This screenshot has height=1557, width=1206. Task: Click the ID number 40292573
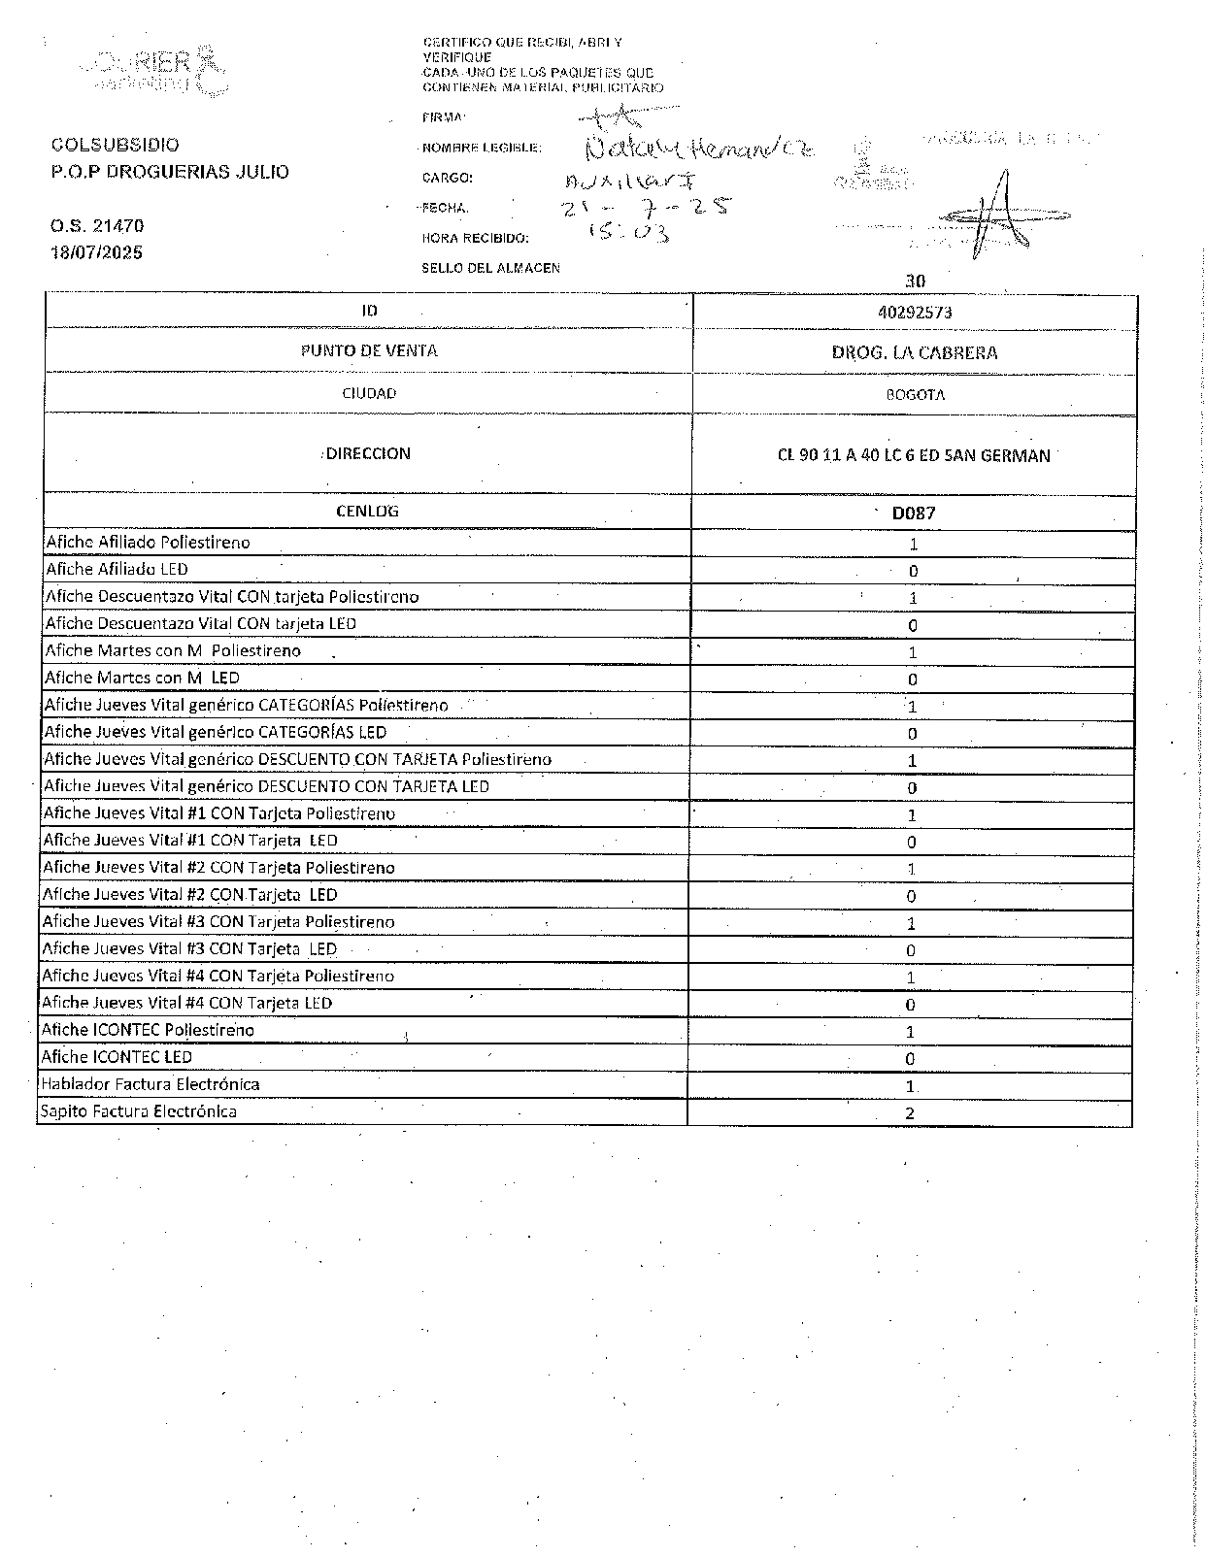tap(914, 313)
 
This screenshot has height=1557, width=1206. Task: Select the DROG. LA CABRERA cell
tap(914, 352)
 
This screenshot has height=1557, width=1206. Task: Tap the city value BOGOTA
tap(915, 395)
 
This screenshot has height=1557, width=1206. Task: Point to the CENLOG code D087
tap(914, 513)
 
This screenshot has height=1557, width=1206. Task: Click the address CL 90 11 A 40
tap(914, 455)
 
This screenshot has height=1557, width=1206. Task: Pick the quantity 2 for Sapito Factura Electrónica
tap(910, 1113)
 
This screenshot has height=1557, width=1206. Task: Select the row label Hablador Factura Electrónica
tap(150, 1084)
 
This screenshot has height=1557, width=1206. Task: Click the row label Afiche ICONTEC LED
tap(117, 1057)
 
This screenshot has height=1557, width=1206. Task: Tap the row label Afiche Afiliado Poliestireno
tap(148, 543)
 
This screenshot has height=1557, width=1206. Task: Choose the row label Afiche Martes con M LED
tap(142, 679)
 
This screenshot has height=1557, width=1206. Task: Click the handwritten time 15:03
tap(630, 232)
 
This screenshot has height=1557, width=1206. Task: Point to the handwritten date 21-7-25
tap(646, 207)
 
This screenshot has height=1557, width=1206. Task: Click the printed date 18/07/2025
tap(96, 252)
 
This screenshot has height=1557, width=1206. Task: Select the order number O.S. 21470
tap(97, 226)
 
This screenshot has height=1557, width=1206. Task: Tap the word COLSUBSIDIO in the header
tap(115, 145)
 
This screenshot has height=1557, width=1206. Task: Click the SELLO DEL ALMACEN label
tap(490, 268)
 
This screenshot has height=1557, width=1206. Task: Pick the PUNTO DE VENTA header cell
tap(369, 350)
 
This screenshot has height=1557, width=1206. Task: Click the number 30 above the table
tap(915, 282)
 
